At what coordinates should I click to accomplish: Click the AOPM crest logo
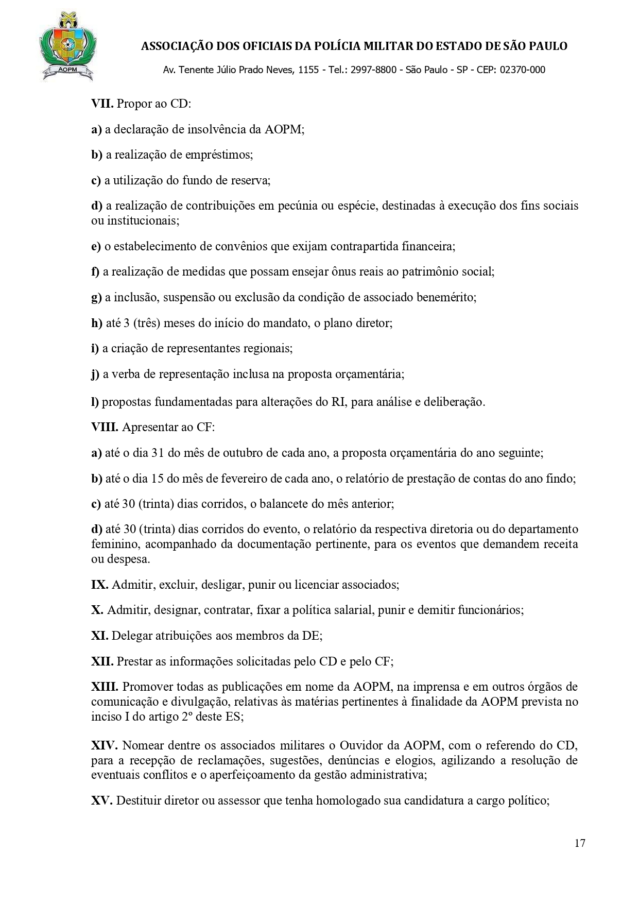click(x=67, y=47)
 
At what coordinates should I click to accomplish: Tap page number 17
click(x=580, y=844)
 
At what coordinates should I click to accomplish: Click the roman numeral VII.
click(x=102, y=104)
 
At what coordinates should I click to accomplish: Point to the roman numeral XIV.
click(x=105, y=745)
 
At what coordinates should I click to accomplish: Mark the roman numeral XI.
click(x=99, y=636)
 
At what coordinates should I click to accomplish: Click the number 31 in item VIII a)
click(x=158, y=453)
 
